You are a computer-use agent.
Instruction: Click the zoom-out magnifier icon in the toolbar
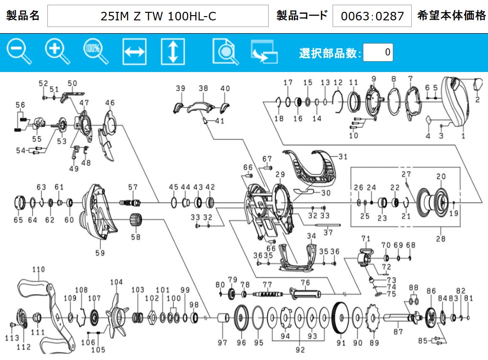(x=19, y=52)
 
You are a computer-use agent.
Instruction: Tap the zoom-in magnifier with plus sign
(x=57, y=52)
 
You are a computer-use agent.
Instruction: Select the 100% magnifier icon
(x=96, y=52)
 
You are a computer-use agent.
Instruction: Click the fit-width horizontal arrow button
(x=135, y=52)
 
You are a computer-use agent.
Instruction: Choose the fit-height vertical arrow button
(x=173, y=52)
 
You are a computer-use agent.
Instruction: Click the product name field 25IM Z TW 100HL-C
(x=158, y=16)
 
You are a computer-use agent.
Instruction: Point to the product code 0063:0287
(x=372, y=16)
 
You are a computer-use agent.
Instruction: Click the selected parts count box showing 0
(x=378, y=52)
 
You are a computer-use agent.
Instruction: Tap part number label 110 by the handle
(x=38, y=270)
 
